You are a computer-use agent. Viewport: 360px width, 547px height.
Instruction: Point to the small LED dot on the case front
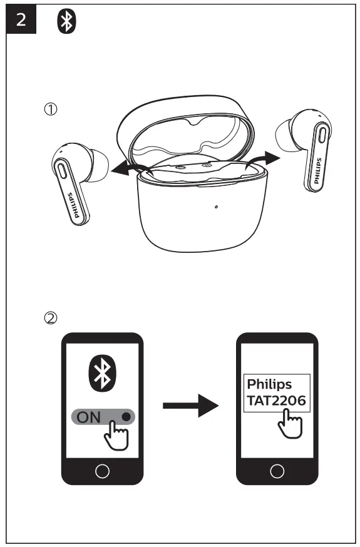[215, 207]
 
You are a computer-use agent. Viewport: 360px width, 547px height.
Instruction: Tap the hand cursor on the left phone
[115, 432]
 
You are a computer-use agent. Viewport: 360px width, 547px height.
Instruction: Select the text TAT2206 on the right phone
[275, 401]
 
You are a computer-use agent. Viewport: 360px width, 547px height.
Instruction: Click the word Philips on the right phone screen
[269, 383]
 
